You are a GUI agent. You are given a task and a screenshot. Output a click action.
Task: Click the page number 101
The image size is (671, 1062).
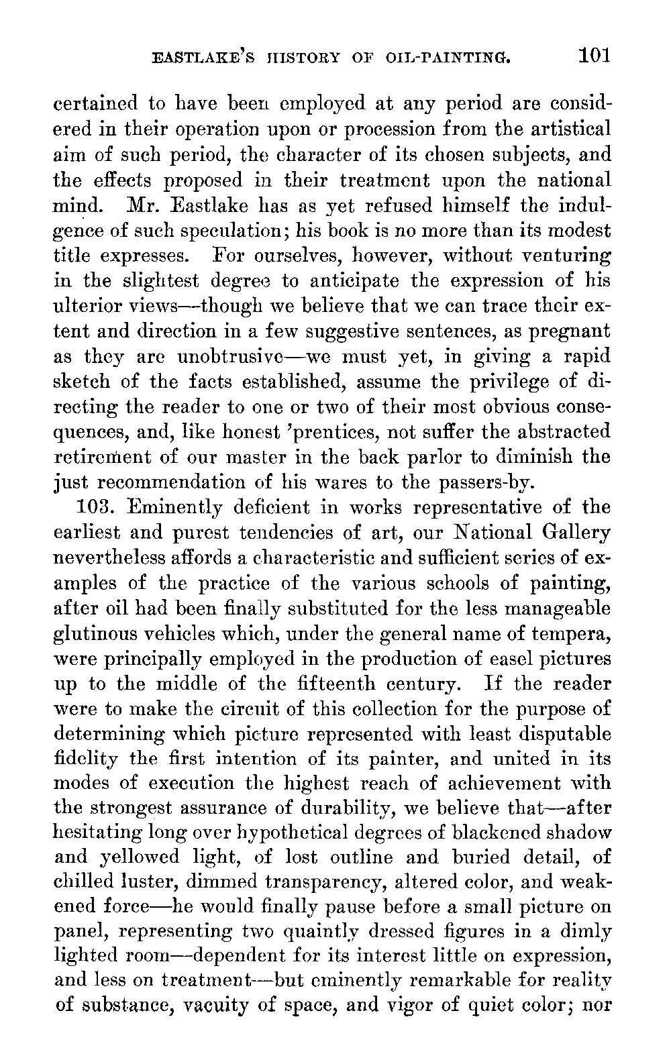[594, 54]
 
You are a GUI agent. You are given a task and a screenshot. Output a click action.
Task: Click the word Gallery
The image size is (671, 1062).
[576, 533]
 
